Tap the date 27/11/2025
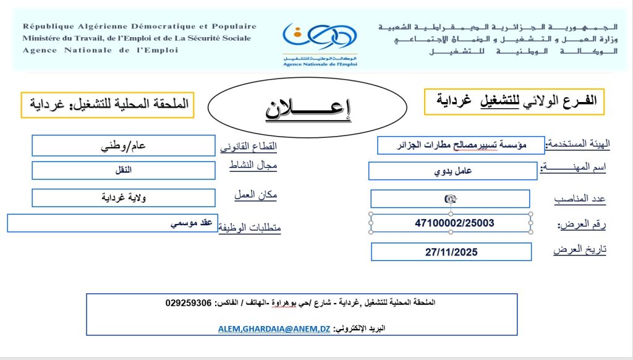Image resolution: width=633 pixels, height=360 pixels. click(451, 252)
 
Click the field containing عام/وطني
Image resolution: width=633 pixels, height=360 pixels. click(123, 146)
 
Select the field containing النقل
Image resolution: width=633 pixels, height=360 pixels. click(124, 170)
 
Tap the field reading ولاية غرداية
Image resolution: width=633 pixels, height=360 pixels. click(123, 197)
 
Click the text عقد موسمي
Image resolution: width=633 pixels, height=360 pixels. click(192, 222)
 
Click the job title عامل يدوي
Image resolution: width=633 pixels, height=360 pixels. click(452, 171)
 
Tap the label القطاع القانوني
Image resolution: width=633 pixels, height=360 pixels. click(249, 147)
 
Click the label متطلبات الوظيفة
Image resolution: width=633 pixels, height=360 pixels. click(250, 228)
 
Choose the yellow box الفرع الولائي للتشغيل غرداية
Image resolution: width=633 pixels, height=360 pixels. click(514, 101)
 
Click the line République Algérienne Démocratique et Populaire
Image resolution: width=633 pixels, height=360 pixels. click(140, 27)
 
